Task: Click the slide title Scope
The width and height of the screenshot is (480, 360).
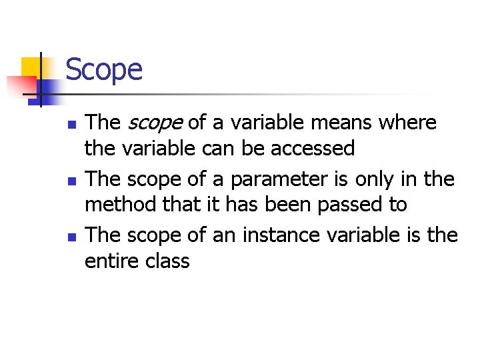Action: coord(104,69)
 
